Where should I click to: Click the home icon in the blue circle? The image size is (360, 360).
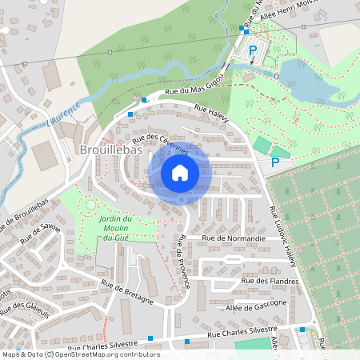pyautogui.click(x=180, y=172)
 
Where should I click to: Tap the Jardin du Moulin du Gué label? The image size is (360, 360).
pyautogui.click(x=115, y=228)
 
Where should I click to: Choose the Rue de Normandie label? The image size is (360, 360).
pyautogui.click(x=234, y=238)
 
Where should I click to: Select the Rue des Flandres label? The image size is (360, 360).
pyautogui.click(x=270, y=281)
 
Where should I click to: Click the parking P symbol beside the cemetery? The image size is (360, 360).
pyautogui.click(x=274, y=162)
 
